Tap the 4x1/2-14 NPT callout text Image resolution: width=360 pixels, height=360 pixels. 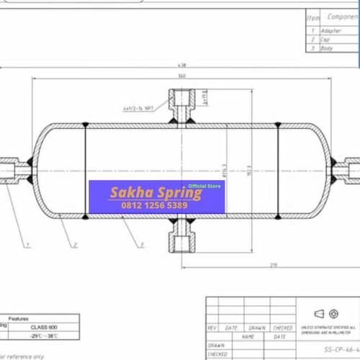click(138, 109)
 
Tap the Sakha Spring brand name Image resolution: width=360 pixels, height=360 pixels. click(145, 193)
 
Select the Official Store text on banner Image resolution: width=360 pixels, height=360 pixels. click(204, 186)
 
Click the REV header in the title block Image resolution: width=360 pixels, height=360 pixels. click(212, 327)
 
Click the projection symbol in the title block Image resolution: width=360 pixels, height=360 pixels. click(326, 314)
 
